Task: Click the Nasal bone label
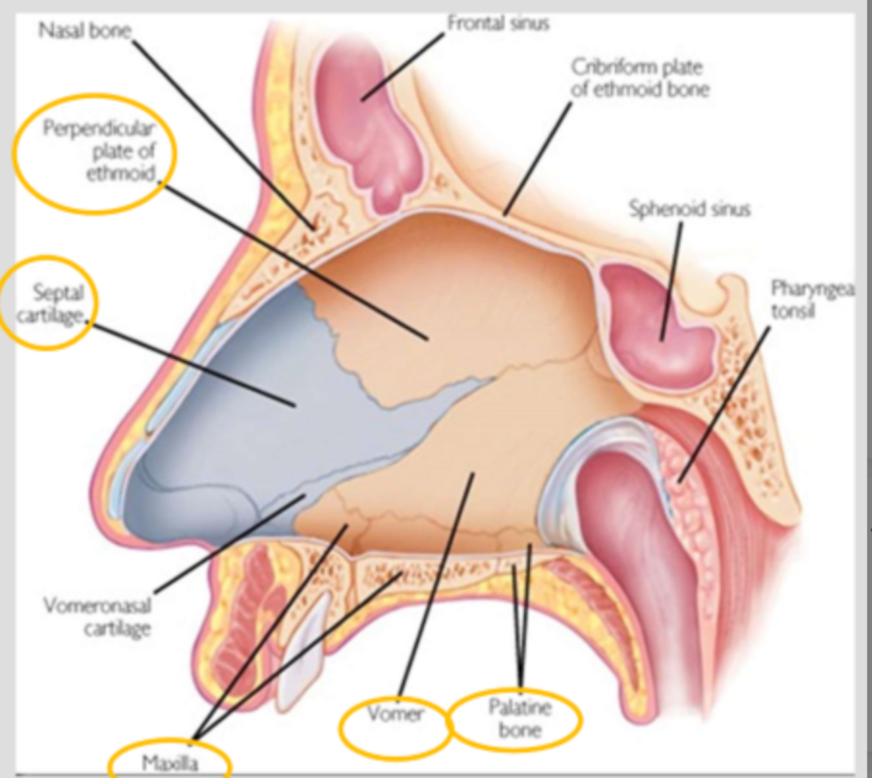click(x=85, y=31)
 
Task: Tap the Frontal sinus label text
click(x=498, y=23)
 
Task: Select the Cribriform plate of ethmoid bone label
click(x=640, y=77)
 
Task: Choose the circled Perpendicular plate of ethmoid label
click(x=98, y=151)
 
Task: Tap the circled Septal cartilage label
click(x=57, y=303)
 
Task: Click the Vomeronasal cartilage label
click(x=97, y=616)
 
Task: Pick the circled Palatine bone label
click(x=519, y=718)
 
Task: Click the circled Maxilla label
click(x=170, y=763)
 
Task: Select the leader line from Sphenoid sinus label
click(x=672, y=278)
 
